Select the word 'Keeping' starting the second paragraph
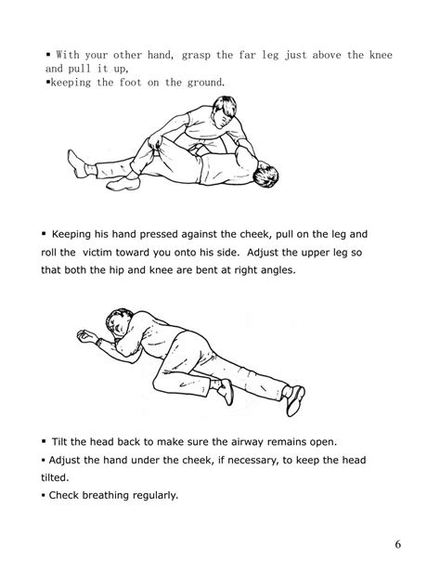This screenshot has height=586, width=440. pos(78,234)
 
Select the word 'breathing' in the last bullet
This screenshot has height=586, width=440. pos(111,494)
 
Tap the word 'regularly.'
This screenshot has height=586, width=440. pos(159,494)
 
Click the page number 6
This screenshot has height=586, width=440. pos(397,543)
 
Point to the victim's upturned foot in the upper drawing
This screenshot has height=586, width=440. pos(83,169)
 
